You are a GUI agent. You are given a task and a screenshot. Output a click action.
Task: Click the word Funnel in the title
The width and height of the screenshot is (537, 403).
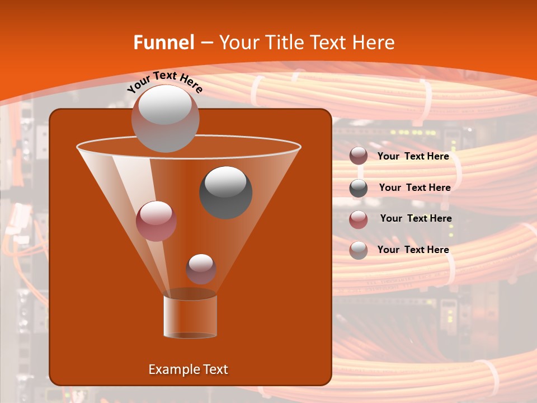coord(164,43)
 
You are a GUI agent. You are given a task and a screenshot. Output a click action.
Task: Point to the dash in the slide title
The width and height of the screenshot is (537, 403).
coord(206,43)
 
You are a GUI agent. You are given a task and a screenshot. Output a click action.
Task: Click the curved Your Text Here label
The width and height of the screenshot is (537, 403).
coord(164,82)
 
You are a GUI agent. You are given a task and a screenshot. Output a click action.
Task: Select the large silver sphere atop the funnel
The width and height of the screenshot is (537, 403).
coord(165,118)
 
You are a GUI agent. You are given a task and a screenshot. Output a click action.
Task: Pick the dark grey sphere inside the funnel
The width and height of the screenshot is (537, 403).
coord(225,192)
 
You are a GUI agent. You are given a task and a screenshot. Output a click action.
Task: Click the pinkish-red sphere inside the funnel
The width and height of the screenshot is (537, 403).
coord(156,221)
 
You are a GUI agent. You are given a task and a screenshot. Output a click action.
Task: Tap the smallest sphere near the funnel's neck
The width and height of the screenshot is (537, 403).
coord(201,269)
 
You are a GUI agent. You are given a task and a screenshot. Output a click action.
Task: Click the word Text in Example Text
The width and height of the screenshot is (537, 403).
coord(215,369)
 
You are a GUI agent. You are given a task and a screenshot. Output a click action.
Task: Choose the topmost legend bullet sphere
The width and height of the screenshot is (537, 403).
coord(359,156)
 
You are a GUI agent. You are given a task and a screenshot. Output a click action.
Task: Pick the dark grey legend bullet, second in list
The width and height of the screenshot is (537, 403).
coord(359,188)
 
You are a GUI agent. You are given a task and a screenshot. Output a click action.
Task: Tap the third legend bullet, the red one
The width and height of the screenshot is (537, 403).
coord(359,219)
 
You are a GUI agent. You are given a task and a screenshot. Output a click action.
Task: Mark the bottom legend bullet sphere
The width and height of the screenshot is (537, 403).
coord(359,250)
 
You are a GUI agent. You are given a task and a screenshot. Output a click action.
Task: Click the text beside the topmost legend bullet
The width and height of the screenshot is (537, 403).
coord(413,156)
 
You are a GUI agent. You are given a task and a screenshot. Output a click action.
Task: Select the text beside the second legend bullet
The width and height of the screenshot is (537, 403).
coord(414,188)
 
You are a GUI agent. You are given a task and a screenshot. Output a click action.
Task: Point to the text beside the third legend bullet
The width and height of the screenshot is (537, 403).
coord(416,218)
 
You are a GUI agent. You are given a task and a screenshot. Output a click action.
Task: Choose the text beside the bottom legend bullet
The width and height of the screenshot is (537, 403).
coord(413,250)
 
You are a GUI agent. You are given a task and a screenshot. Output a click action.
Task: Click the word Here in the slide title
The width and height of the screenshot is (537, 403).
coord(374,43)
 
